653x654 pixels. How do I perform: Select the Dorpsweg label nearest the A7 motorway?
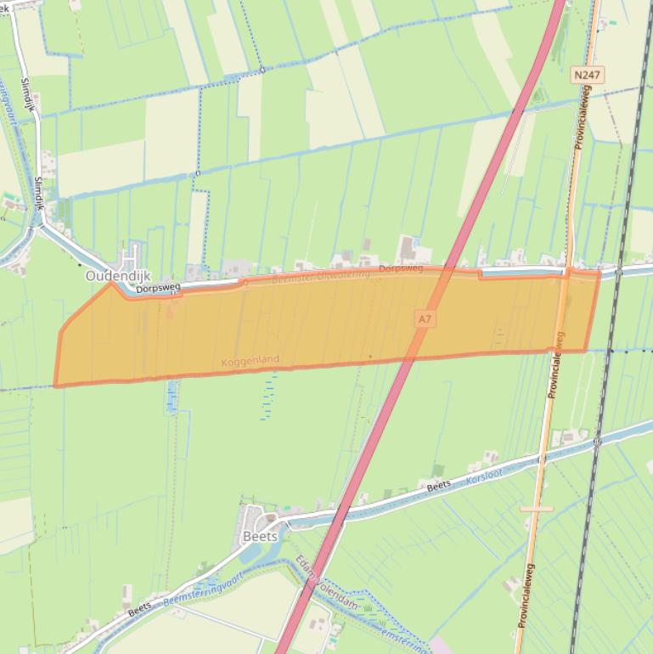pos(401,268)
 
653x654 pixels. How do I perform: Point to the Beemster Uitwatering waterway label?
pos(321,276)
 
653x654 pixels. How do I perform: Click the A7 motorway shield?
pos(425,319)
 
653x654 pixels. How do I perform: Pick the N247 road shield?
pos(587,76)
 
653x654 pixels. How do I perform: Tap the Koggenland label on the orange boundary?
pos(250,361)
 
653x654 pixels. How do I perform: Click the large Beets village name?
pos(260,537)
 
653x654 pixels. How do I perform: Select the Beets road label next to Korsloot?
pos(438,486)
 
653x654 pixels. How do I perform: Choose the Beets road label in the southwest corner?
pos(140,608)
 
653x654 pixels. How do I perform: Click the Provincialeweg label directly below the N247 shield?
pos(584,118)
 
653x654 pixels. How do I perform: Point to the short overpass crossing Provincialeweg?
pos(537,509)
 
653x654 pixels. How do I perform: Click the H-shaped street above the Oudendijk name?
pos(130,255)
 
